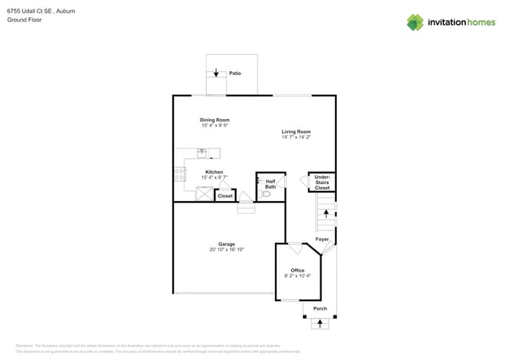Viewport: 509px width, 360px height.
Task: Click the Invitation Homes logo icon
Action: coord(415,23)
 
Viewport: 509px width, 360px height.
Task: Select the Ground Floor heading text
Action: coord(24,20)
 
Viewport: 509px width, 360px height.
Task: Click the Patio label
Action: coord(235,74)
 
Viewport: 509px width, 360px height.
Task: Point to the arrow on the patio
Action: coord(216,73)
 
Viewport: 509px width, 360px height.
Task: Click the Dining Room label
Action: coord(215,120)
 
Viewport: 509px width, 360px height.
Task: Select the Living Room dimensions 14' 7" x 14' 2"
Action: coord(296,137)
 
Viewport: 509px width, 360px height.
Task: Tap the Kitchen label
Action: coord(214,171)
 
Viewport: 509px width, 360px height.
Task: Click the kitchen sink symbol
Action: coord(202,153)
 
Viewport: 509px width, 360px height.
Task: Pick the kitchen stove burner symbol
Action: coord(179,175)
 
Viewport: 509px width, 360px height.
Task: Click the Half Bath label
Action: coord(270,184)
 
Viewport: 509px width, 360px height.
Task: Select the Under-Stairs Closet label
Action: coord(322,182)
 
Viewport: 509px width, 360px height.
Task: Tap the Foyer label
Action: coord(322,239)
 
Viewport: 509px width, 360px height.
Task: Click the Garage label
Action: coord(226,243)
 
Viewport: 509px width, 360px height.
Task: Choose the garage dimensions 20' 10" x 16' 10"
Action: coord(226,250)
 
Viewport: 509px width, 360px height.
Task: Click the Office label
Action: coord(298,270)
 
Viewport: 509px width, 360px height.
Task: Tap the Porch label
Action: coord(319,308)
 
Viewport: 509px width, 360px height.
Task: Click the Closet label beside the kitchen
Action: coord(225,196)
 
